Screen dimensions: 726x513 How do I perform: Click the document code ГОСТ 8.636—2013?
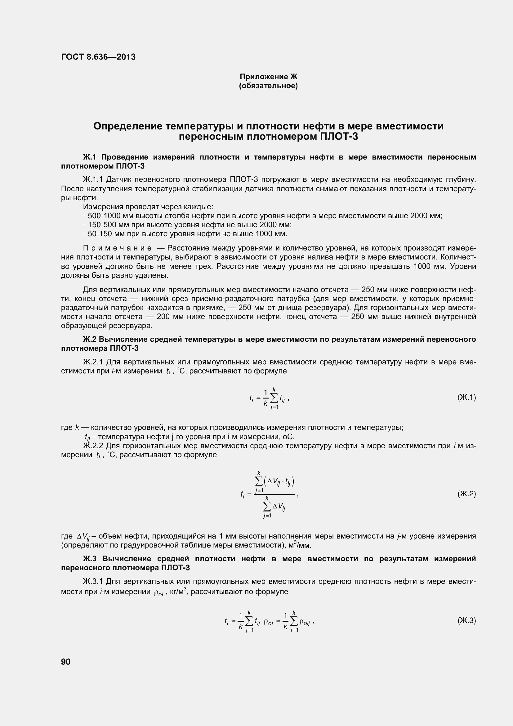(98, 57)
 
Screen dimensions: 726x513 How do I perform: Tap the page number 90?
(66, 661)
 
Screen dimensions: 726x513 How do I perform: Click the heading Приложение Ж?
(269, 77)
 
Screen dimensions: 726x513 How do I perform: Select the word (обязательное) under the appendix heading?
(269, 86)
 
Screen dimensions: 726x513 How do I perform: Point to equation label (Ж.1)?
(466, 397)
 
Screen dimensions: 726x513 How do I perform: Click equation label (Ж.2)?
(466, 494)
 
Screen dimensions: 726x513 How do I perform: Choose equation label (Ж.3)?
(466, 620)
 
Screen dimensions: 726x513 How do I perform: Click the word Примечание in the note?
(117, 248)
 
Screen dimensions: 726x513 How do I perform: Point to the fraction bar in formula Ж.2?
(274, 494)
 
